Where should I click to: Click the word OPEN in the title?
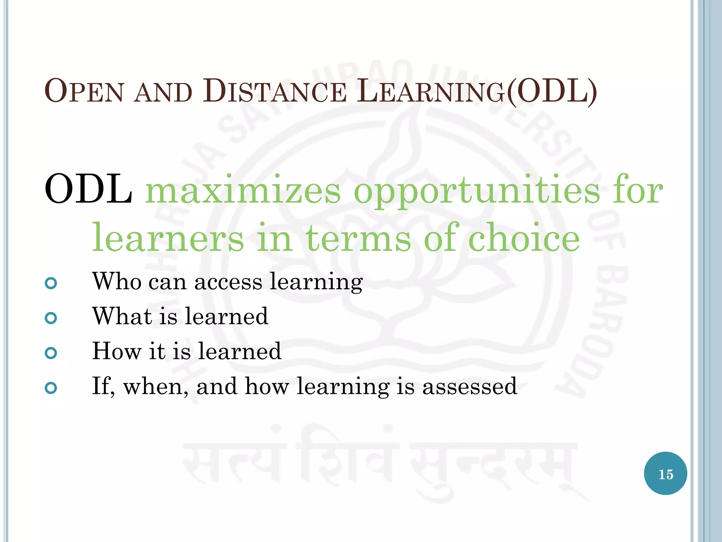84,91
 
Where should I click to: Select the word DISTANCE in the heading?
275,91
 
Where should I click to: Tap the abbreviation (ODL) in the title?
552,91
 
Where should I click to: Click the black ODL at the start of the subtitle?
88,189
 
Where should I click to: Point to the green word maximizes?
243,191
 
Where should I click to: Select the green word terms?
358,238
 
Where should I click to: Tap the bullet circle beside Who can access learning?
51,283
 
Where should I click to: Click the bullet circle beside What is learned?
51,318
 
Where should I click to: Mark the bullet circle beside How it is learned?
51,353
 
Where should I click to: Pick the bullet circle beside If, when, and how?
51,388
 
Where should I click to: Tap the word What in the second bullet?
122,316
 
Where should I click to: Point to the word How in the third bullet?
117,351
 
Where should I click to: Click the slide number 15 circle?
665,474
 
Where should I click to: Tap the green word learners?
168,238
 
